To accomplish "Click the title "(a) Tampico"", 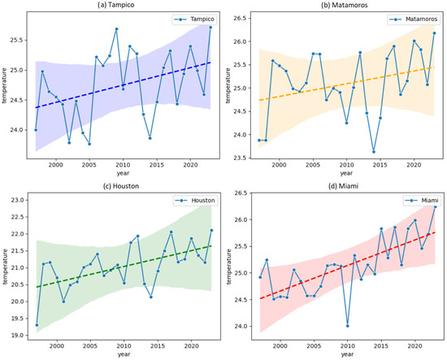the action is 115,5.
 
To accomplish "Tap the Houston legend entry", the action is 196,201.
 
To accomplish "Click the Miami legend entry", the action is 422,201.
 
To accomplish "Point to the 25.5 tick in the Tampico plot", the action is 16,40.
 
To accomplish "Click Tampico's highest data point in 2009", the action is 116,29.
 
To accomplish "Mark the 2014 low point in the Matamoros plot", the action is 374,152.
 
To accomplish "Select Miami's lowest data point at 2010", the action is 348,326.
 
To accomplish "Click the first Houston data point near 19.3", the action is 37,325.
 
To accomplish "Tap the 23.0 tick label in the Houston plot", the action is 18,200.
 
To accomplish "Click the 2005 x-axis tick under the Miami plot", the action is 314,346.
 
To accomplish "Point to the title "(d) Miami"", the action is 343,186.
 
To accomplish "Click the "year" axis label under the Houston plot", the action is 124,354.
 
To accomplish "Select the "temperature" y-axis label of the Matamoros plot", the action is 228,85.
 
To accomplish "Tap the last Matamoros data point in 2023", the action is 434,33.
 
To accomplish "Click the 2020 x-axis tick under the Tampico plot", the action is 190,165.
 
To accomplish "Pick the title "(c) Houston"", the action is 121,186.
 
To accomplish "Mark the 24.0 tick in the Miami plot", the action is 240,326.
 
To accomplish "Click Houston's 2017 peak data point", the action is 171,232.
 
